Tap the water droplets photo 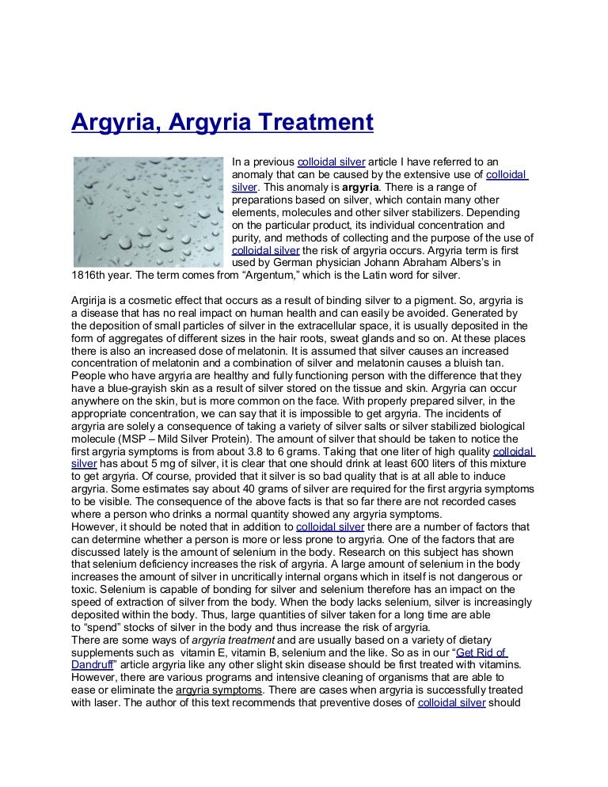[149, 211]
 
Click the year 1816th [92, 276]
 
